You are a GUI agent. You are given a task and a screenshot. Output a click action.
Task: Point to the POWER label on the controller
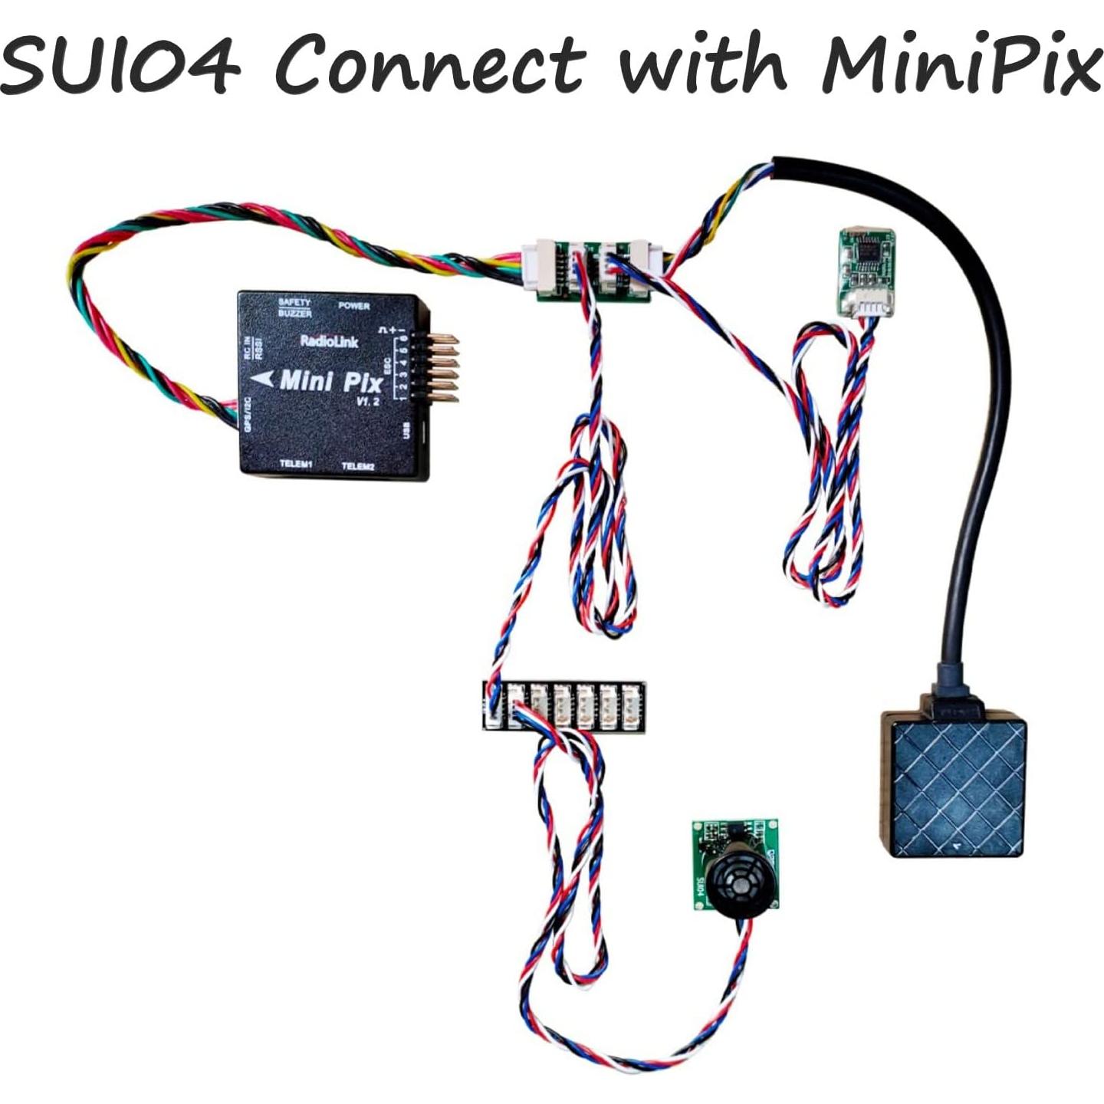(x=354, y=306)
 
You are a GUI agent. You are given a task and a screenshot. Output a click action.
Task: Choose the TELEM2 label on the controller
(x=357, y=466)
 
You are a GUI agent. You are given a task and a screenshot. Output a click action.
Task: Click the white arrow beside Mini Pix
(x=263, y=379)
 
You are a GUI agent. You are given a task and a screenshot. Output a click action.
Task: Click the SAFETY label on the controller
(x=294, y=303)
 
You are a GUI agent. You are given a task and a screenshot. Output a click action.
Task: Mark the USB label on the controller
(x=406, y=431)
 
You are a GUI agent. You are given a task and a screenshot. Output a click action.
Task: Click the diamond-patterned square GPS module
(x=951, y=787)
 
